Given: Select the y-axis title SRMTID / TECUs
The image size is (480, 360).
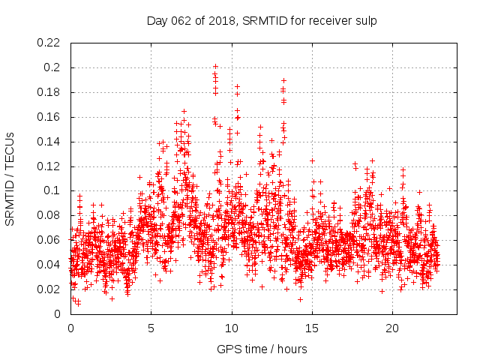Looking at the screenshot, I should [10, 178].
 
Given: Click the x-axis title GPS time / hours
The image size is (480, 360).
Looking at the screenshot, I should [262, 349].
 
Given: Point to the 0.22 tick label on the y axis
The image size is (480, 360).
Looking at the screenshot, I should [49, 43].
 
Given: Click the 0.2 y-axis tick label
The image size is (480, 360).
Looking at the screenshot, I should [52, 67].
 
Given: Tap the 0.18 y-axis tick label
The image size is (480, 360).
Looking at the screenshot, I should [49, 92].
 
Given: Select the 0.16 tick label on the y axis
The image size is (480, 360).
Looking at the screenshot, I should [49, 117].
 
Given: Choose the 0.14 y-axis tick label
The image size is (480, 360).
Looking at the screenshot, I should [49, 142].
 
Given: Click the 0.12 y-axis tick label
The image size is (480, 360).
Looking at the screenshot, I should [49, 166].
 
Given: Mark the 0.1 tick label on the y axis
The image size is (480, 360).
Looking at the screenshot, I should [52, 190].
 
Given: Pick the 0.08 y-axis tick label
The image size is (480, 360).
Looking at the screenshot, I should [49, 215].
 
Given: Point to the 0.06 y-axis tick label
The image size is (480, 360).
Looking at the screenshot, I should [49, 240].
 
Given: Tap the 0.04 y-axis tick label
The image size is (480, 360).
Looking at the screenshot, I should [49, 265].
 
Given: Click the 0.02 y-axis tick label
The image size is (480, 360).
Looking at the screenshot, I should [49, 289].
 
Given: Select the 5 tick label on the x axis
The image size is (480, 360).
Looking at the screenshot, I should [151, 328].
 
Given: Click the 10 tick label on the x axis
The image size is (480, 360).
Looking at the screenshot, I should [232, 328].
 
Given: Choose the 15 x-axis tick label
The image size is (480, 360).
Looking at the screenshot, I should [312, 328].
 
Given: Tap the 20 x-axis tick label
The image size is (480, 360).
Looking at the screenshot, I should [392, 328].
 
